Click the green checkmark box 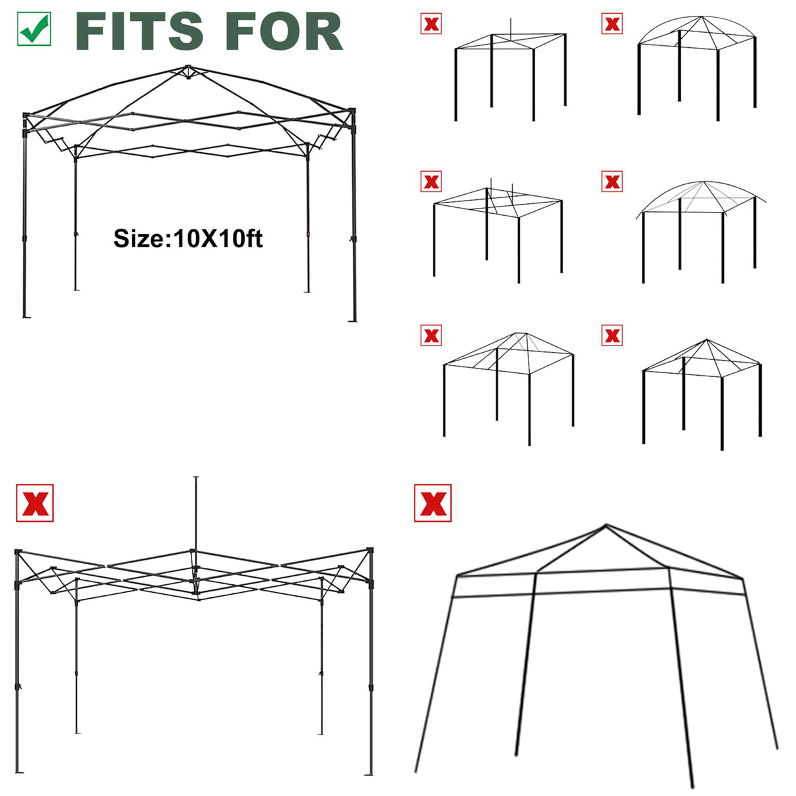34,29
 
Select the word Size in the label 140,238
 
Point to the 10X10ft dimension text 217,238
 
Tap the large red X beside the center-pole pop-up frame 35,504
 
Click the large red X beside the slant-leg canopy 433,503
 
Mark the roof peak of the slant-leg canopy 606,525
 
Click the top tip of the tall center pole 196,477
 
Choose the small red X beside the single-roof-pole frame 431,24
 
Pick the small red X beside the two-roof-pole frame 431,182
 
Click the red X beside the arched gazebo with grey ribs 612,182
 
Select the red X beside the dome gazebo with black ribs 612,24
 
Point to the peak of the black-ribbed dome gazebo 701,16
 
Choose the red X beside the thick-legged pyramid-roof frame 612,336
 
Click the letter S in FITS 186,31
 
